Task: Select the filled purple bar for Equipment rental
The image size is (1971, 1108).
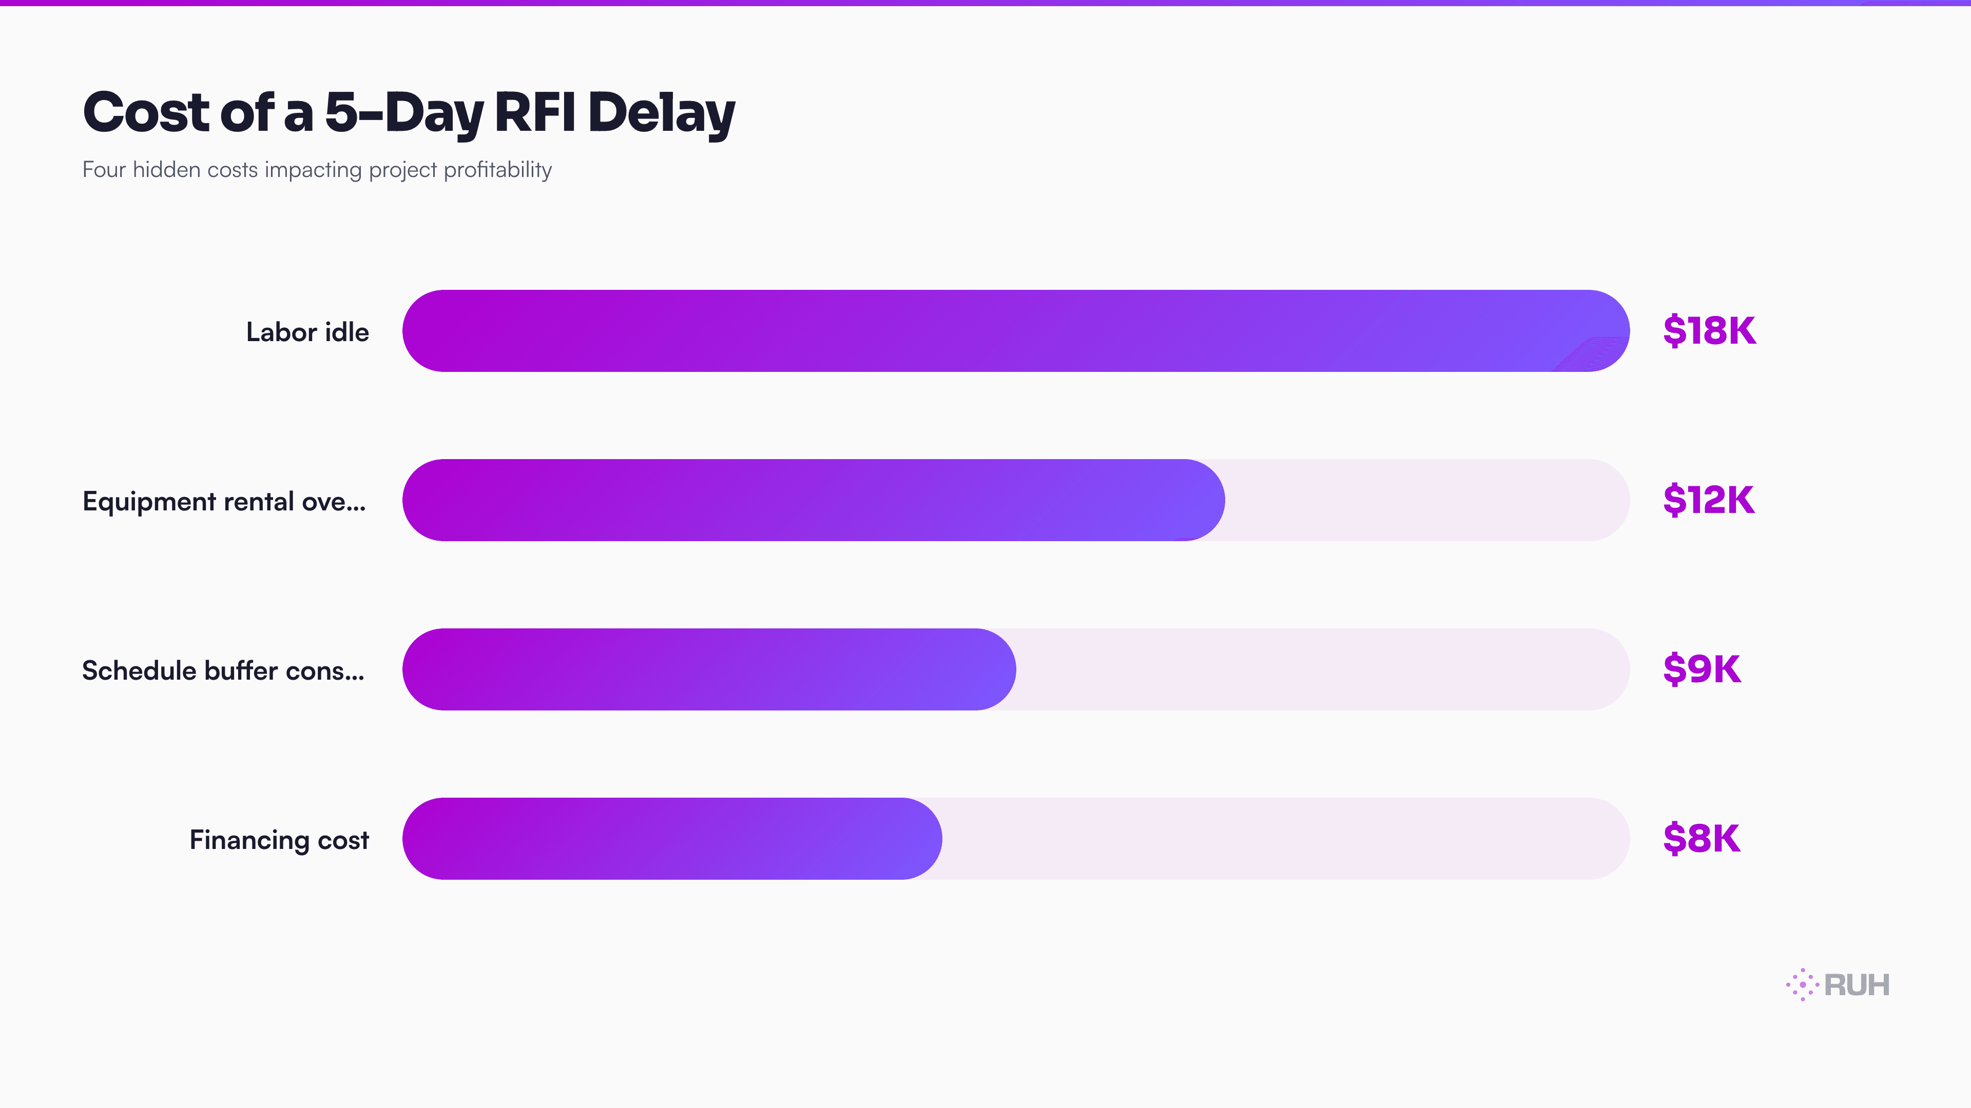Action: coord(814,500)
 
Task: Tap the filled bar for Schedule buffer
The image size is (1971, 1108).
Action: coord(709,670)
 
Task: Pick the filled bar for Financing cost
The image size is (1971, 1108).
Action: coord(672,839)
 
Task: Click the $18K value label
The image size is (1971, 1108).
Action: coord(1709,331)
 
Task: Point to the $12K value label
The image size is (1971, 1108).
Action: coord(1709,500)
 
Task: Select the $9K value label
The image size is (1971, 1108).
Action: coord(1702,670)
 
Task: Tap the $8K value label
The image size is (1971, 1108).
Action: coord(1702,839)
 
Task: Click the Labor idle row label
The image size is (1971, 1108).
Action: coord(307,332)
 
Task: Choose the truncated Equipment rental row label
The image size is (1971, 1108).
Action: coord(224,502)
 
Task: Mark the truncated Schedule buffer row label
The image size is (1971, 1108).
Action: coord(223,670)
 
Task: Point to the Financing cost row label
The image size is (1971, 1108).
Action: coord(279,840)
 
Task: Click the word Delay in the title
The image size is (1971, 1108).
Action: coord(662,113)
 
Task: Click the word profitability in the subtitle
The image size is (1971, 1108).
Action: coord(497,170)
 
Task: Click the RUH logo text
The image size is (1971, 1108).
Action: coord(1857,985)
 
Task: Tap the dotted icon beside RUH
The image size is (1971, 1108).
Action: coord(1803,985)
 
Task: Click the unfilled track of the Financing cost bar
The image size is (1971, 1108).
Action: coord(1285,839)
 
